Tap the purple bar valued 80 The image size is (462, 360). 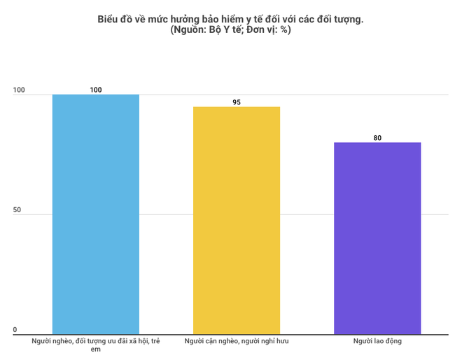pos(377,238)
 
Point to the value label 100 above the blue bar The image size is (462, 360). pos(96,90)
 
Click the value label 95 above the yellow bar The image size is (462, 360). pos(237,102)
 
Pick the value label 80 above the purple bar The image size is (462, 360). pos(377,138)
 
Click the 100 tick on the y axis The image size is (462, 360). pos(19,90)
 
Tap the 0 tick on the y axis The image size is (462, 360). pos(15,330)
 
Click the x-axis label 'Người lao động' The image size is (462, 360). pos(377,341)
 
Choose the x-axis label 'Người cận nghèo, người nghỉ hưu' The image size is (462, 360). pos(237,341)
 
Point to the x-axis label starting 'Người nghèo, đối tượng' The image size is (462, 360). pos(96,341)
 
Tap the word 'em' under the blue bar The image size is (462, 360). pos(96,349)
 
